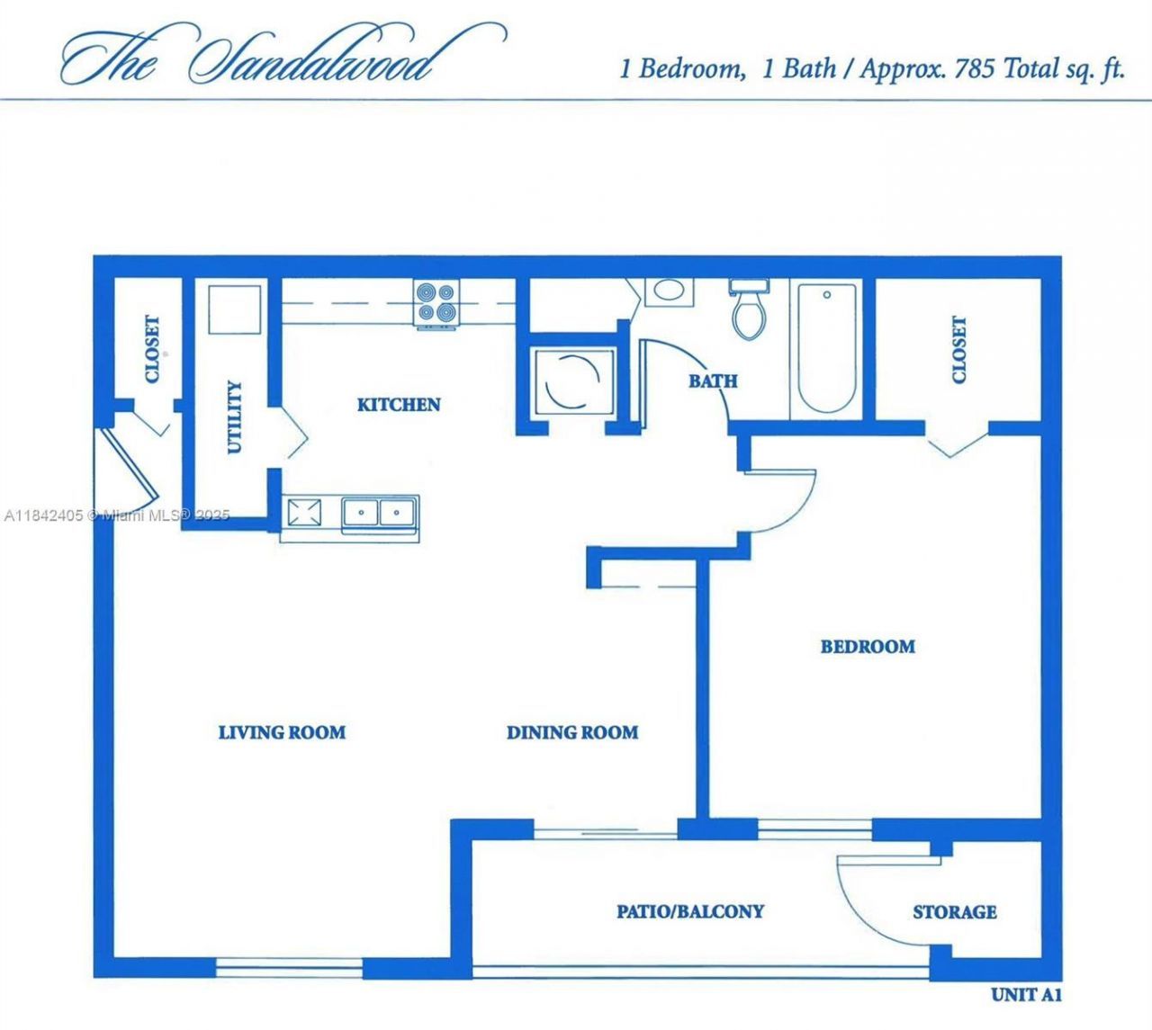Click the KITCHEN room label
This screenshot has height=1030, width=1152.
pos(399,405)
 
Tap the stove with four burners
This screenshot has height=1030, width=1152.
pos(436,302)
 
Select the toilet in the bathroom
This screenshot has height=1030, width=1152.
pos(748,309)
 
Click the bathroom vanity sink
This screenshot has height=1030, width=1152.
pos(668,291)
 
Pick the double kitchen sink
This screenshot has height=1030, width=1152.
pos(379,513)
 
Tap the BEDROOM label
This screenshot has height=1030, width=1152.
pos(868,647)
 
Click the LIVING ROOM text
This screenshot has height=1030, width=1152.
pos(282,732)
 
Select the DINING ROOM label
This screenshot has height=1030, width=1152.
pos(572,733)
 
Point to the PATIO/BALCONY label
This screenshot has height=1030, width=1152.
pos(690,911)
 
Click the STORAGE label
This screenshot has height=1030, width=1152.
pos(955,912)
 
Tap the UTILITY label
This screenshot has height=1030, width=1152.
pos(234,416)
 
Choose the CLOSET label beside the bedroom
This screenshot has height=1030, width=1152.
pos(959,350)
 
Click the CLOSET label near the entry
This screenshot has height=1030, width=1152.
pos(152,348)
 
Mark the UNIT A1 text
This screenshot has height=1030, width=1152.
pos(1027,995)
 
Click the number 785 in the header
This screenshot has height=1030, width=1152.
pos(975,69)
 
